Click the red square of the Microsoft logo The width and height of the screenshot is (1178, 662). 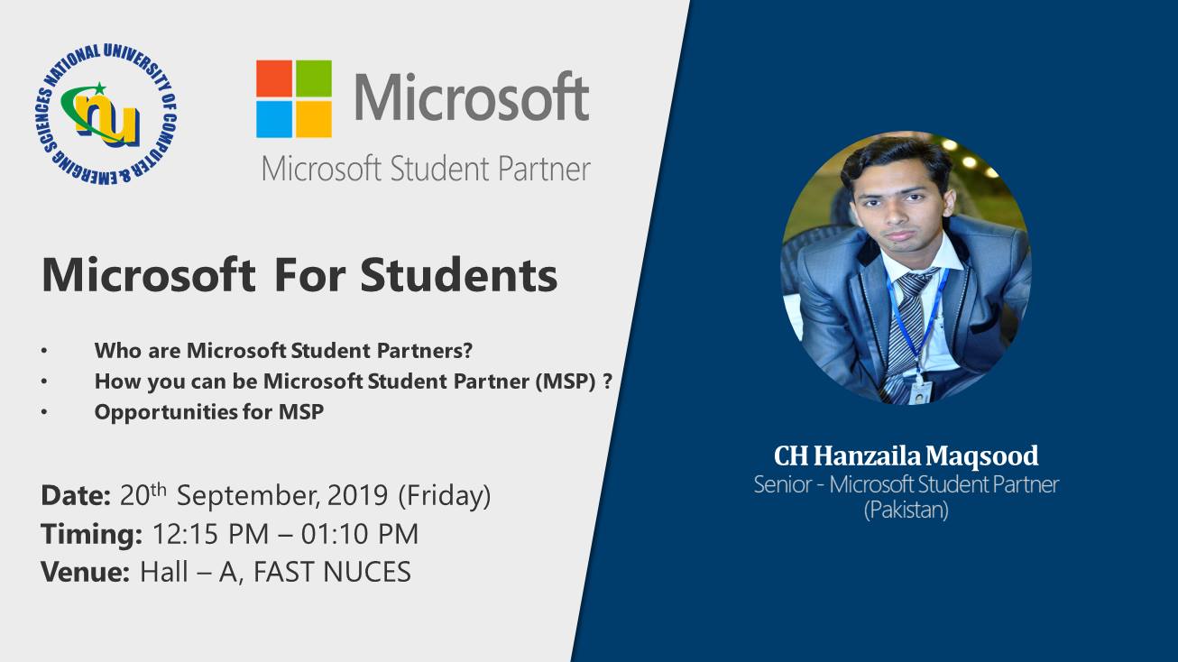(274, 78)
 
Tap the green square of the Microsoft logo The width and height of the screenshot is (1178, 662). (314, 78)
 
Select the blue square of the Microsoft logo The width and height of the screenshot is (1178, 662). (274, 119)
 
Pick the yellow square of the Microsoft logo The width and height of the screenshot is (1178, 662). (314, 119)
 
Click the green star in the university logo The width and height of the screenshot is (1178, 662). (99, 88)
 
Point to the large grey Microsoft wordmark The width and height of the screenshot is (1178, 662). (472, 97)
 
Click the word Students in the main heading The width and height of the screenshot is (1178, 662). (458, 275)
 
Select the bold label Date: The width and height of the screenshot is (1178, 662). (76, 495)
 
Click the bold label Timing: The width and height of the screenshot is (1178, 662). (91, 535)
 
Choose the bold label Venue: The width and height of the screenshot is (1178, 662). (85, 572)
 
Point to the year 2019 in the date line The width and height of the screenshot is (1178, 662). (357, 495)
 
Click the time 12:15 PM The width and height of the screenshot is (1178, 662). (210, 534)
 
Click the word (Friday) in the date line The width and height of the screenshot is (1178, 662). (445, 496)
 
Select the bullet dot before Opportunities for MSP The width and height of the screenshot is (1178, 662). (44, 412)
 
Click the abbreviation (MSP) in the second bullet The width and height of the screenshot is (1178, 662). (566, 382)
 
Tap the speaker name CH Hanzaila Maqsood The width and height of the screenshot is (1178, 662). (907, 455)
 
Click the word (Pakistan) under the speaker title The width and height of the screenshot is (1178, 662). (907, 510)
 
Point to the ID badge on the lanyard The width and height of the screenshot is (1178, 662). (920, 392)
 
